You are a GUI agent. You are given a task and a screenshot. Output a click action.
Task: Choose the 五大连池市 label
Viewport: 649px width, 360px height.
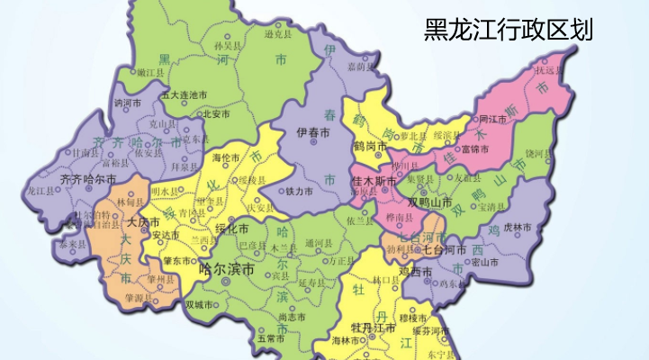click(185, 94)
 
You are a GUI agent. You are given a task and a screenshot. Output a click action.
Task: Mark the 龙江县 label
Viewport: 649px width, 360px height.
click(41, 192)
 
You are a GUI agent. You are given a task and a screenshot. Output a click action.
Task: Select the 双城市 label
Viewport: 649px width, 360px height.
click(198, 304)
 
